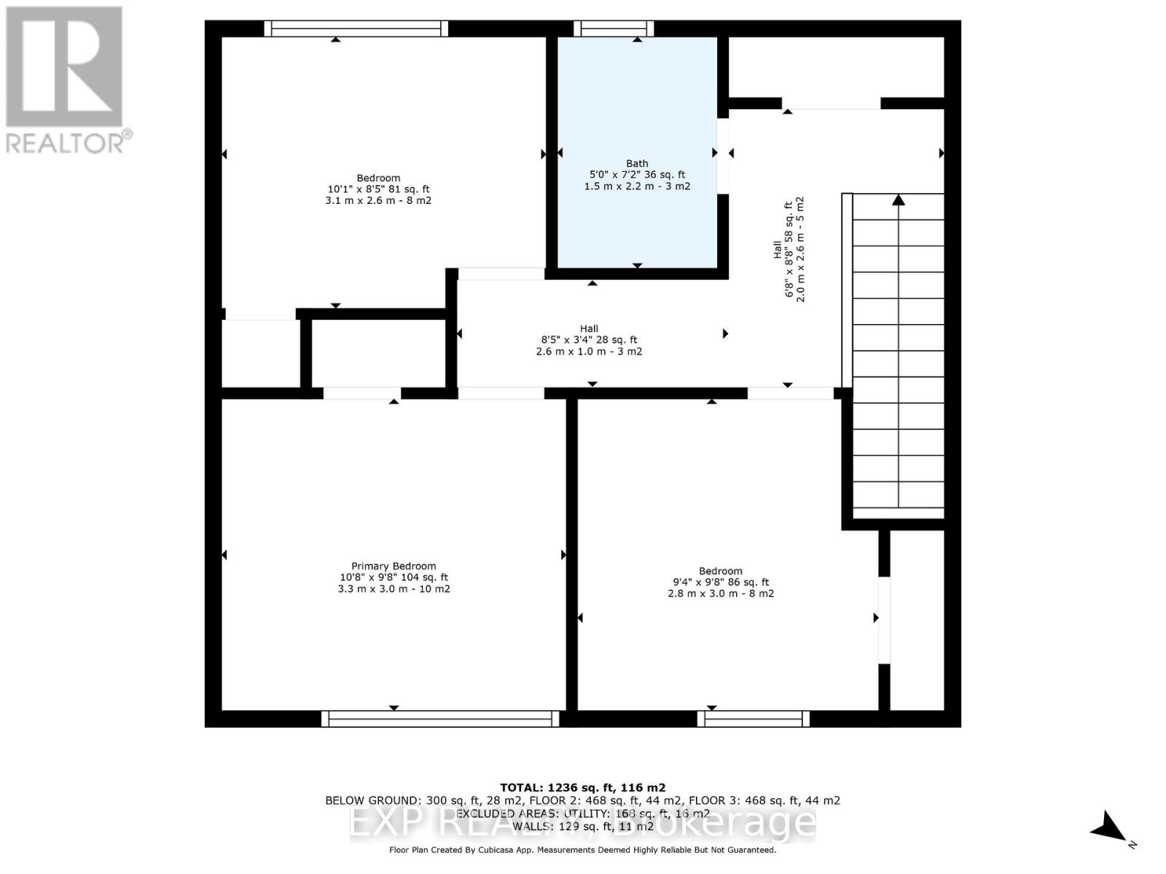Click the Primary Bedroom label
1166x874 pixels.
[x=394, y=566]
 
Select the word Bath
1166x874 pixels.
[x=637, y=164]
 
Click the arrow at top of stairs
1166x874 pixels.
[x=899, y=200]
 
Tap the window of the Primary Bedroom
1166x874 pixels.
[x=440, y=719]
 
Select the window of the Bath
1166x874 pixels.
[x=613, y=28]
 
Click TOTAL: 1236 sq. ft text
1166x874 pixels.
[x=582, y=787]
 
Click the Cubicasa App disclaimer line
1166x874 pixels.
[x=582, y=850]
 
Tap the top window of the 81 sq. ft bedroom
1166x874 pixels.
[x=356, y=28]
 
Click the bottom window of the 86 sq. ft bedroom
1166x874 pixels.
[x=754, y=719]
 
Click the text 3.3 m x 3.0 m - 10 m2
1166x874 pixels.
[x=394, y=588]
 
